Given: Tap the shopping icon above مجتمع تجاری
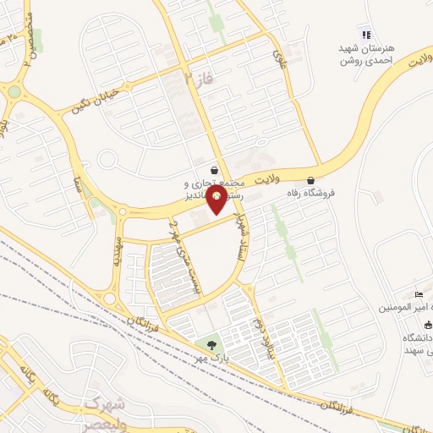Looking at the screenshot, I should (x=215, y=169).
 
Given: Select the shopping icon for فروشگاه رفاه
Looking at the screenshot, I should (x=311, y=180).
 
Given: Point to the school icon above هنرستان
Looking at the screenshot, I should (x=365, y=35).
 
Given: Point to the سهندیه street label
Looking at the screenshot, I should (x=118, y=251).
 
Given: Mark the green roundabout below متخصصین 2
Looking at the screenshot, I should (x=14, y=91).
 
